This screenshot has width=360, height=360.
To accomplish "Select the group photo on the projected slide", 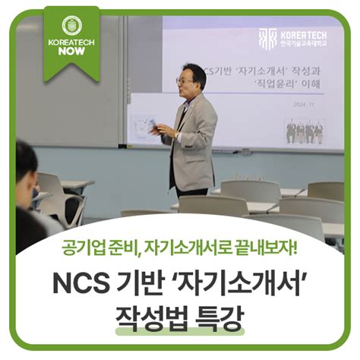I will [x=305, y=131].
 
